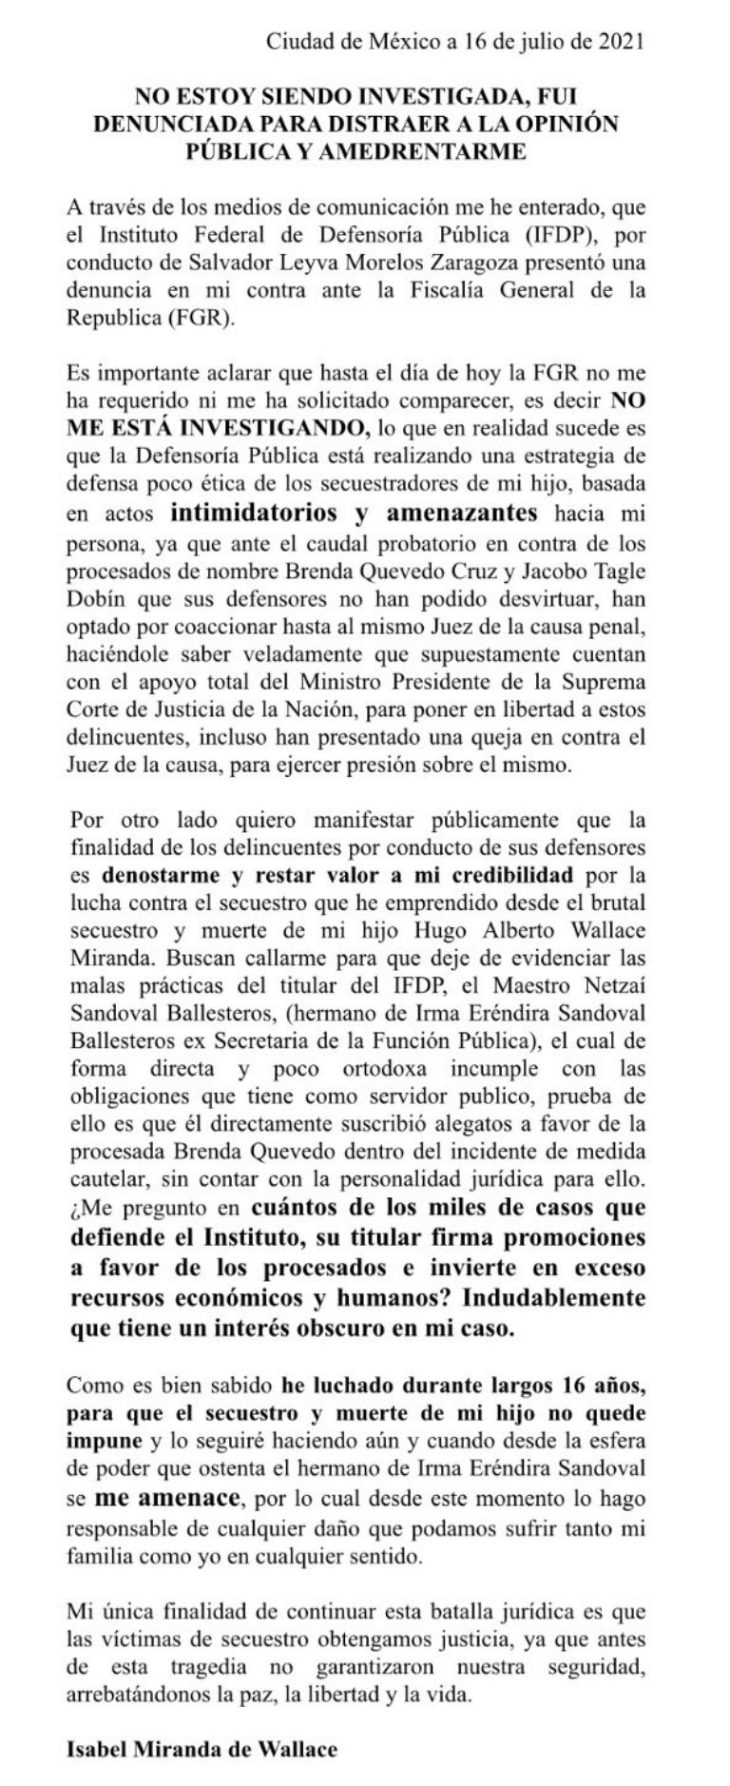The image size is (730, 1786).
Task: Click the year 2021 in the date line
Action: click(622, 41)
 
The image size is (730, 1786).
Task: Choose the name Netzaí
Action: click(608, 980)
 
